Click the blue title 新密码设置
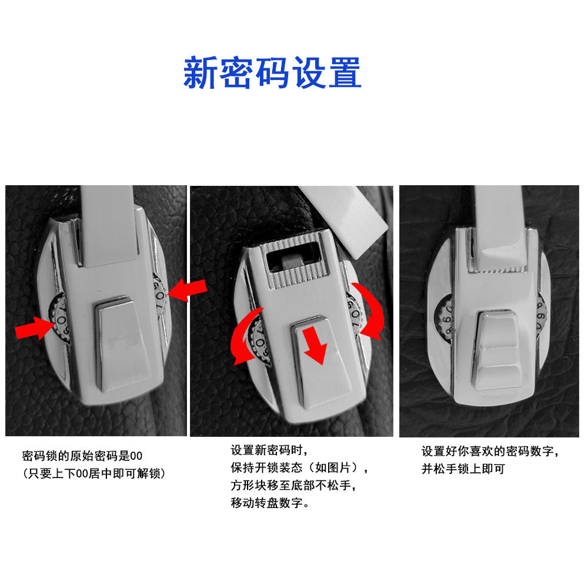tap(272, 72)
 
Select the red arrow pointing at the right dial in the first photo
tap(187, 290)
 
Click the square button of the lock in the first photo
tap(122, 344)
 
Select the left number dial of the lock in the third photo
tap(445, 318)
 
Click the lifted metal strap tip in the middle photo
tap(343, 220)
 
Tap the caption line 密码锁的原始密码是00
tap(82, 456)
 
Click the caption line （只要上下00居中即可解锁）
tap(93, 473)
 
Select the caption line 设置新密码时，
tap(269, 450)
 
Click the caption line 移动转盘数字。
tap(270, 503)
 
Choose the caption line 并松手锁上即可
tap(463, 469)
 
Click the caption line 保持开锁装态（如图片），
tap(299, 467)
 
